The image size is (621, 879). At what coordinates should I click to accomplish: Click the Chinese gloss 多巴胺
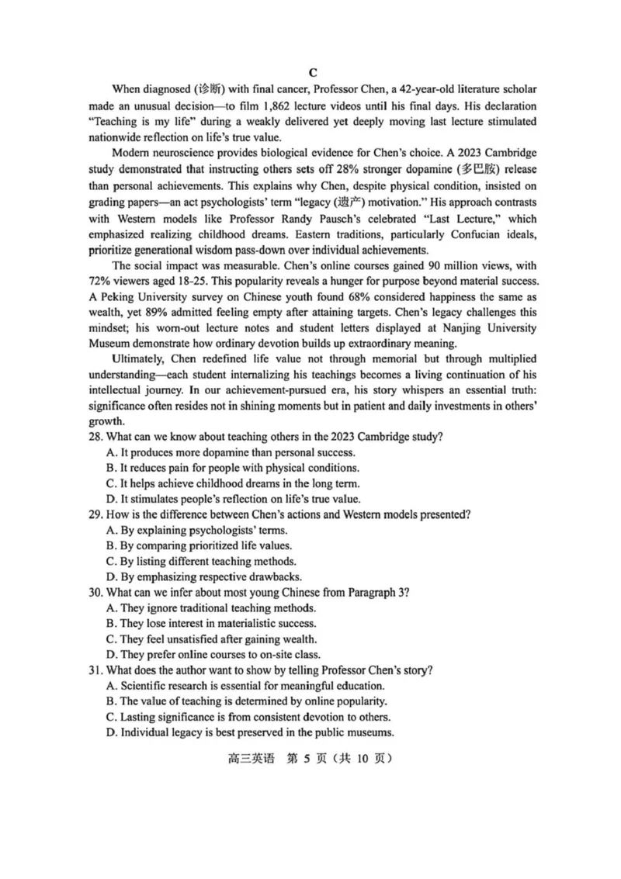click(x=463, y=170)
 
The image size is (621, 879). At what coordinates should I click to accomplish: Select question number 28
click(x=95, y=438)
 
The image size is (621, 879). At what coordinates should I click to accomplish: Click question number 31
click(x=95, y=671)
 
